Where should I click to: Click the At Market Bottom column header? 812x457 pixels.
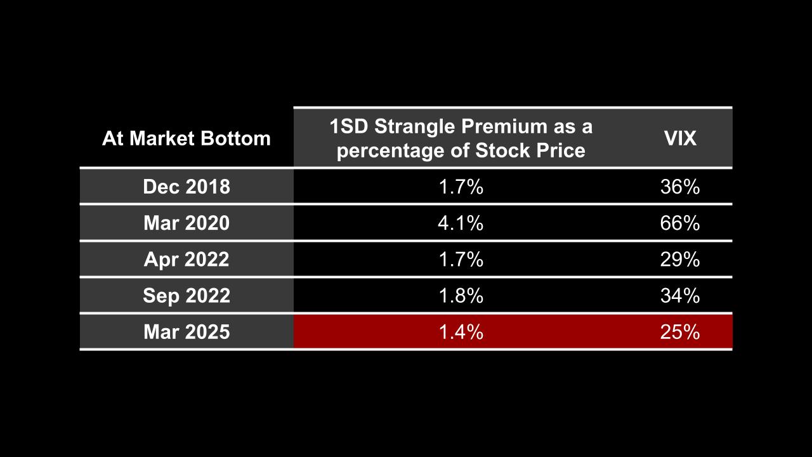[186, 138]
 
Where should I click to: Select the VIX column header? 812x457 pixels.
[680, 138]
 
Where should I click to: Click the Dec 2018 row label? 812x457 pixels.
[186, 187]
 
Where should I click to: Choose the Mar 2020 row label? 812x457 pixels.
[186, 223]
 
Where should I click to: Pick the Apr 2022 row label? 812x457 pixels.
[186, 260]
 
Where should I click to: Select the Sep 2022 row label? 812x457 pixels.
[186, 296]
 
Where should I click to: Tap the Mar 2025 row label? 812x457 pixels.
[186, 332]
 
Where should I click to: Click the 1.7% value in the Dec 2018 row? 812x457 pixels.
[461, 187]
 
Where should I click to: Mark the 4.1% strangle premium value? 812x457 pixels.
[461, 223]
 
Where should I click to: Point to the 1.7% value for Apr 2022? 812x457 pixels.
[461, 260]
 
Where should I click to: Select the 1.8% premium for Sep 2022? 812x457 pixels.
[461, 296]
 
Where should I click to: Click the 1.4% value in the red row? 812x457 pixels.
[461, 332]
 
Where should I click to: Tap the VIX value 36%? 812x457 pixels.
[680, 187]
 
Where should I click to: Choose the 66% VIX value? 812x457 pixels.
[680, 223]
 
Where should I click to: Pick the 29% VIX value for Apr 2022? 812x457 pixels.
[680, 260]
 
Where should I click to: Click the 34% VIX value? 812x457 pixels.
[680, 296]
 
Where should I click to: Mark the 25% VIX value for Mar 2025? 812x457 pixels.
[680, 332]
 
